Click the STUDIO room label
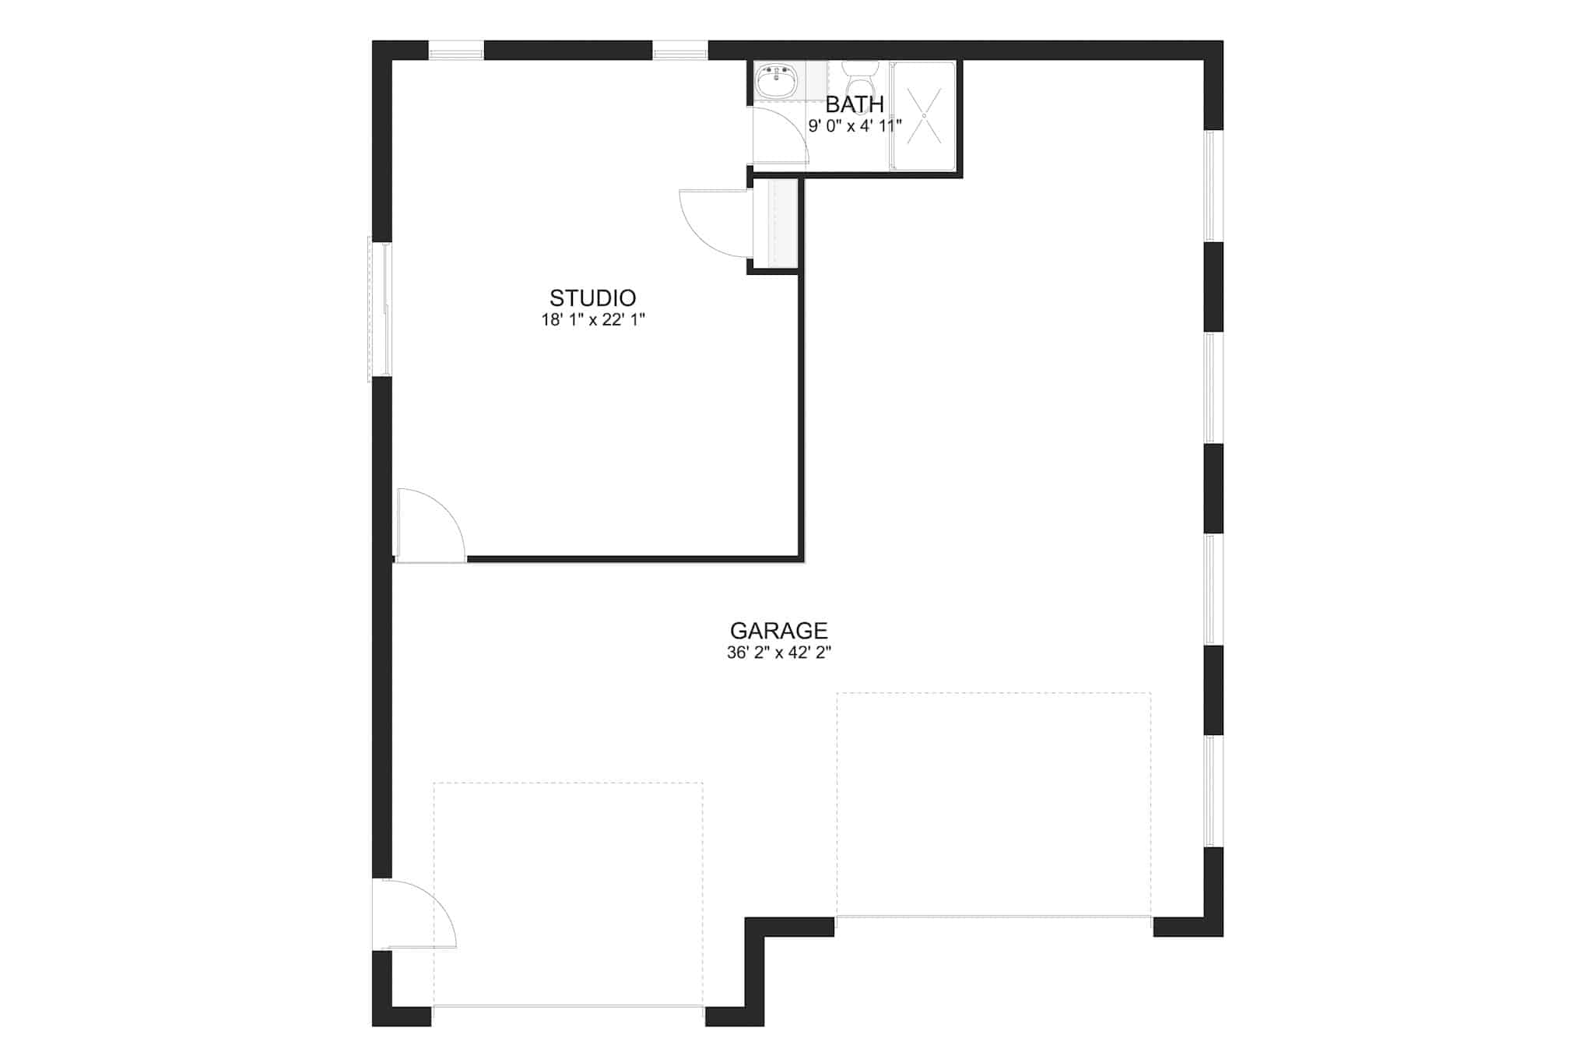[592, 297]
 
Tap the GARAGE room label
[778, 630]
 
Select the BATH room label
[855, 104]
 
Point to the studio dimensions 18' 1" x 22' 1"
[593, 319]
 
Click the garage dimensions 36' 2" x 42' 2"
[779, 653]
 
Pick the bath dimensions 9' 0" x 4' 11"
[855, 125]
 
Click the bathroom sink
[776, 80]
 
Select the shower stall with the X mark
[924, 115]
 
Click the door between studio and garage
[430, 525]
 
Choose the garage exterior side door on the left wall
[413, 914]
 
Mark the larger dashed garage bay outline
[993, 804]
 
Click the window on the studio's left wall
[380, 310]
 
